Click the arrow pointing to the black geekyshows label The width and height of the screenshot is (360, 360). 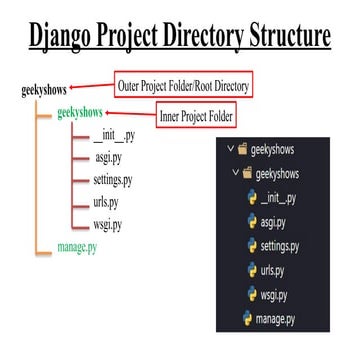101,89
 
